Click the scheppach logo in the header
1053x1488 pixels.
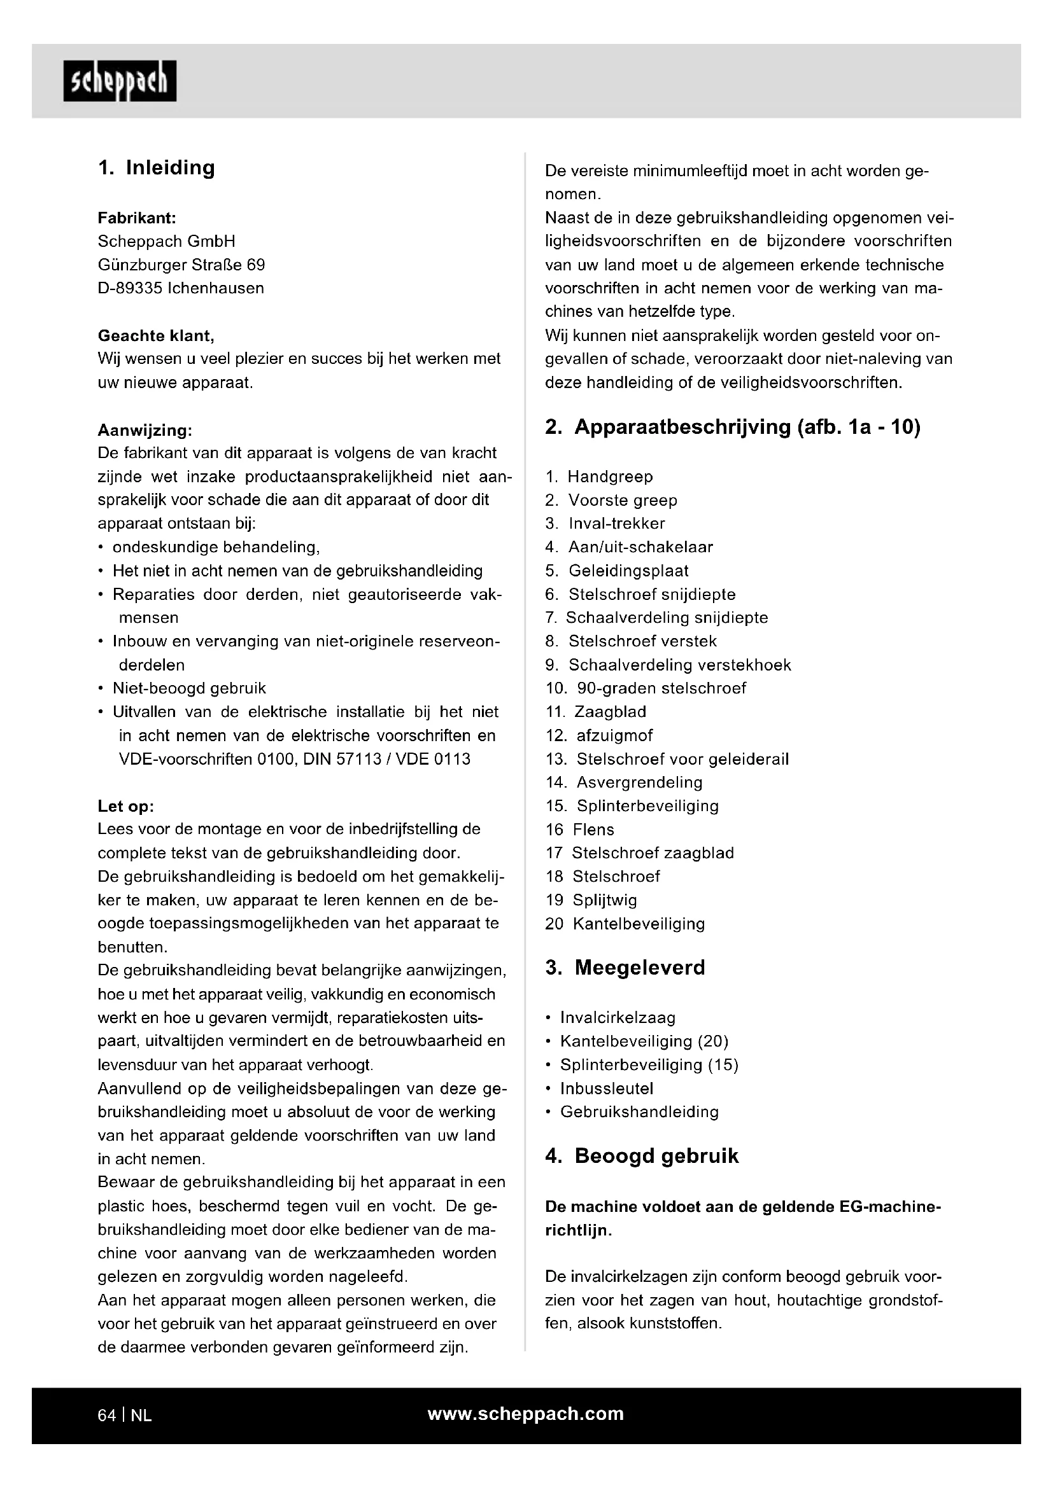point(120,81)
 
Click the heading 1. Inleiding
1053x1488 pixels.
point(156,168)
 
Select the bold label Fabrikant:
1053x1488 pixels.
point(137,218)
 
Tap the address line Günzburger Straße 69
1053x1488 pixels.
point(181,265)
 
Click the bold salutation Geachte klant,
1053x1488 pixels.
point(155,336)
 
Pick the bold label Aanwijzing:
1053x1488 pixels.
point(145,429)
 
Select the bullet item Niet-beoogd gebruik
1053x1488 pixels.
point(188,688)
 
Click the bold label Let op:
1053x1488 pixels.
point(126,806)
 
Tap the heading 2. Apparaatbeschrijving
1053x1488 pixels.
point(732,428)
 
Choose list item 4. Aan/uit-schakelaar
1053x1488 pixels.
point(629,547)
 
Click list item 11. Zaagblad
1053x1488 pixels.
point(596,712)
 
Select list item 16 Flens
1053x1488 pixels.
point(580,830)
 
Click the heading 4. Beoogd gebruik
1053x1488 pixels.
point(641,1156)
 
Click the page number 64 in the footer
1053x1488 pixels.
point(106,1415)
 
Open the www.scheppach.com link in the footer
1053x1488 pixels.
point(525,1414)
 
